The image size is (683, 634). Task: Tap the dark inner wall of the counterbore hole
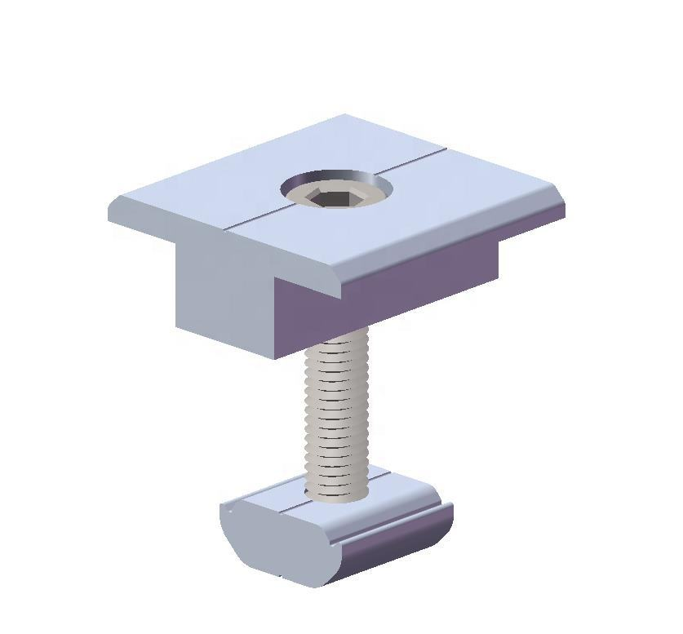coord(336,181)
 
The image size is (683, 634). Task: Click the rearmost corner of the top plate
coord(344,116)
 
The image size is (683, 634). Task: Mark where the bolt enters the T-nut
coord(336,493)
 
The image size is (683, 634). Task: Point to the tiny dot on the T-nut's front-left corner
coord(231,511)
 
